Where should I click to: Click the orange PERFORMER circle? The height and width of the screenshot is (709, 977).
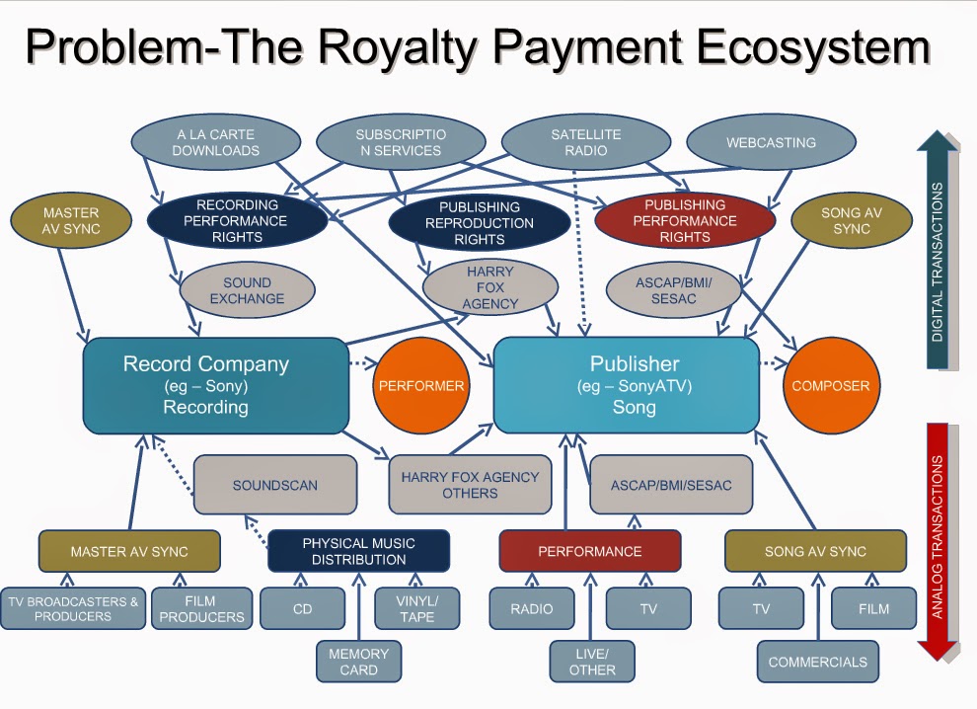pos(420,386)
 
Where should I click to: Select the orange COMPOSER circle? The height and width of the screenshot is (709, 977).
pos(831,386)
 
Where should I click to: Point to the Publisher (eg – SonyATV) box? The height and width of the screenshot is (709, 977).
pos(627,385)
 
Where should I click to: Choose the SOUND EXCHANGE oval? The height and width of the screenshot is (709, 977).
pos(240,290)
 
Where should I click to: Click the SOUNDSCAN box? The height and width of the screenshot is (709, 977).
pos(274,485)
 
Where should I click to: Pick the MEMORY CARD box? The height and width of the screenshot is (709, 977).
pos(358,661)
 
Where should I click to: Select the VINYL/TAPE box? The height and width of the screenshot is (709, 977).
pos(416,608)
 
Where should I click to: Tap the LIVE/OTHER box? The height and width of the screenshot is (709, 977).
pos(592,661)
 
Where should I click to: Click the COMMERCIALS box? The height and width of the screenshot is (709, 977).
pos(817,662)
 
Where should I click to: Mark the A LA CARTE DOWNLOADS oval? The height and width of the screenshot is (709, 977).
pos(216,142)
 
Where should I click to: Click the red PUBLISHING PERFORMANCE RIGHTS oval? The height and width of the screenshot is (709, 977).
pos(685,221)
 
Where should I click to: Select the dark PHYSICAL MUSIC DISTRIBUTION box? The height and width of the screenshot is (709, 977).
pos(358,551)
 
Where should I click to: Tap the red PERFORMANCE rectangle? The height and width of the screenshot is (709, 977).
pos(590,551)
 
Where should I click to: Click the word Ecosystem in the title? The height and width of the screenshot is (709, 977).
pos(802,49)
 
